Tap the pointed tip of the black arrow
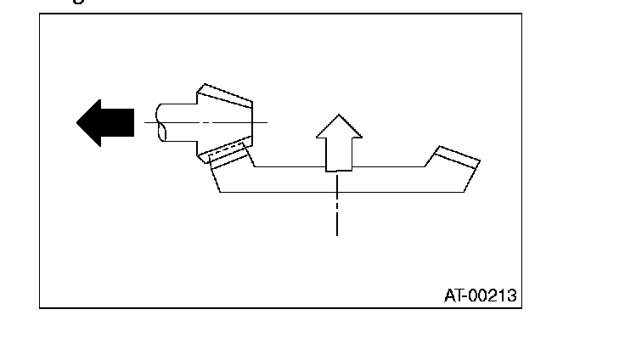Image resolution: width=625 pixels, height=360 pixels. click(x=79, y=122)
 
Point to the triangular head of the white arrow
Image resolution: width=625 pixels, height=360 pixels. click(x=338, y=127)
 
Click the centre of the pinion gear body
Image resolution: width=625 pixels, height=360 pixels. click(x=224, y=123)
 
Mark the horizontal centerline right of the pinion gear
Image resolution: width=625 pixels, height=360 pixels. click(x=260, y=123)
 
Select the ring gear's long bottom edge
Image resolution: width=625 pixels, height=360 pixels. click(x=340, y=192)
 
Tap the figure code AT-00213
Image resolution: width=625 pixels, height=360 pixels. click(x=480, y=296)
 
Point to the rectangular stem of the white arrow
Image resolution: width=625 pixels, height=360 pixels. click(x=338, y=154)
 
